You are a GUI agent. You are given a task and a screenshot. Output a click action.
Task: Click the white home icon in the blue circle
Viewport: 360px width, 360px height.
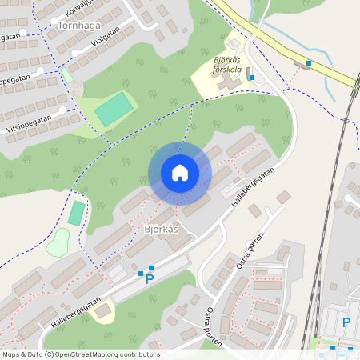coord(179,172)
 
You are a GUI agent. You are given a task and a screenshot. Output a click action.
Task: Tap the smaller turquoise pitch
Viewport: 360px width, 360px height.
coord(76,213)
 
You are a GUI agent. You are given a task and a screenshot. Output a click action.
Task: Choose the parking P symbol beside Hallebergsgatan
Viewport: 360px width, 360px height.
coord(149,280)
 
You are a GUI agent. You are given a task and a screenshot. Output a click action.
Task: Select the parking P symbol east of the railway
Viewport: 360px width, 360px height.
coord(346,322)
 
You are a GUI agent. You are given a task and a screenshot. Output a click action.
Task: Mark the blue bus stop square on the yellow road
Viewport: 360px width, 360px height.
coord(309,62)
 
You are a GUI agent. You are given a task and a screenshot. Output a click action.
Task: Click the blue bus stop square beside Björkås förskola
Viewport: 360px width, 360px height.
coord(251,78)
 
